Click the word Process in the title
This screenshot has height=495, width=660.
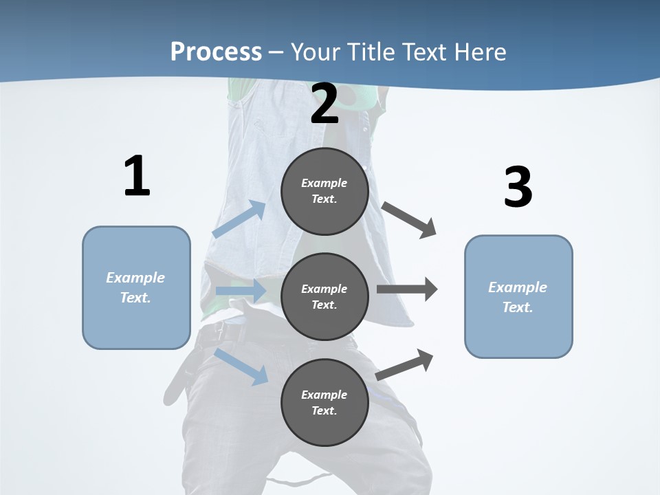[216, 52]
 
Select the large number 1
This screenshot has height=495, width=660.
[136, 177]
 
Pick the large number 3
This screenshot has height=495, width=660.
[518, 188]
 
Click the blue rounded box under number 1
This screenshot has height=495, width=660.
[136, 287]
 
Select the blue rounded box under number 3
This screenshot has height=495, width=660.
[518, 296]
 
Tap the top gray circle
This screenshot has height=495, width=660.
[324, 191]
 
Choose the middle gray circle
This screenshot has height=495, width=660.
[324, 296]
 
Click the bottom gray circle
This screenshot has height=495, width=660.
[324, 402]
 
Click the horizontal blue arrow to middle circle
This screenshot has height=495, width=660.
[241, 291]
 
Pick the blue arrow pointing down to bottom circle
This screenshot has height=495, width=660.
[242, 366]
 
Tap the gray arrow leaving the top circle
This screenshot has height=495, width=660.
[409, 220]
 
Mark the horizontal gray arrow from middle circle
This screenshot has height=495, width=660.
[407, 289]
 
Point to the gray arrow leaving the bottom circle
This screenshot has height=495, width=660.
[405, 364]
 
